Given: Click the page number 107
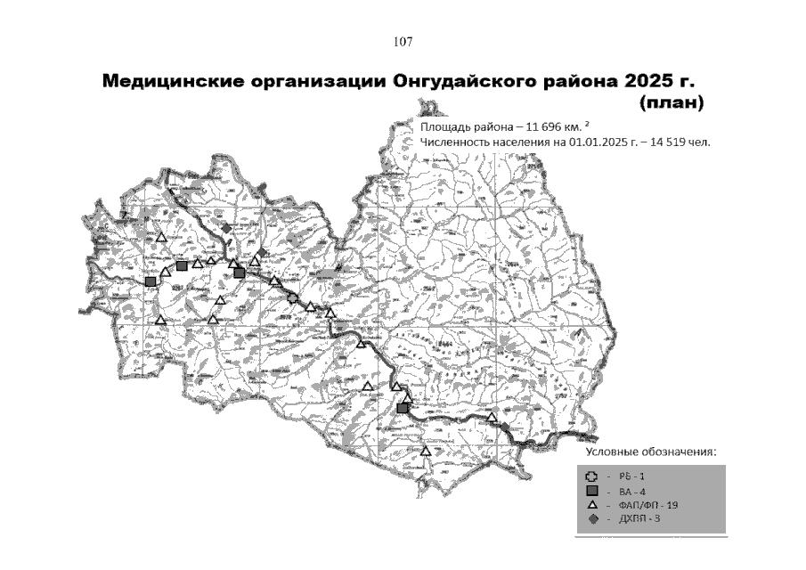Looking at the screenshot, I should (403, 42).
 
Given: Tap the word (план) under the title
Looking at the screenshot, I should (672, 103).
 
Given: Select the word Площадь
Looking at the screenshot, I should (444, 126).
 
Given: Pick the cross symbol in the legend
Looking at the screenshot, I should (592, 476).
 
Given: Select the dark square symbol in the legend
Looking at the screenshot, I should (592, 491).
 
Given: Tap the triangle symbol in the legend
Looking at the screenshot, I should (592, 505).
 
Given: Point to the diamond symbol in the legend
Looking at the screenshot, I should (592, 518).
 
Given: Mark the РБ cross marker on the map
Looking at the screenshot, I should (293, 298).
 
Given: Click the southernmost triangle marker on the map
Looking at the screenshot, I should (426, 452).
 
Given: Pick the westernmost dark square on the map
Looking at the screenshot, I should (151, 282).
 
